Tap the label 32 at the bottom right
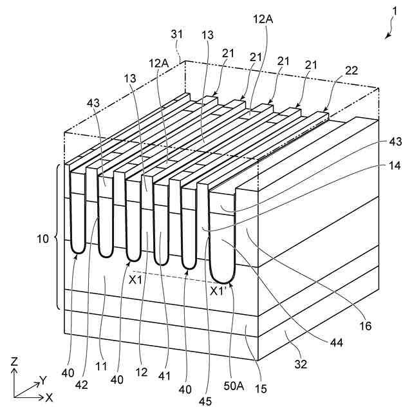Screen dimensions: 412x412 point(300,364)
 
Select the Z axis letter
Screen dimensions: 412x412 point(14,362)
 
